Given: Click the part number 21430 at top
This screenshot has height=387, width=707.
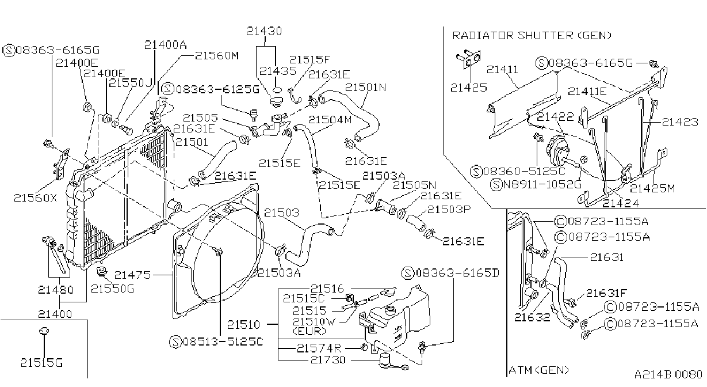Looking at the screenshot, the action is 264,31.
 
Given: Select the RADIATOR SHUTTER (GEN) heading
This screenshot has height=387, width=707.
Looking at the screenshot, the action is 532,35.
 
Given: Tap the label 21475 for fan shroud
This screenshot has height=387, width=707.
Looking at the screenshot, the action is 132,275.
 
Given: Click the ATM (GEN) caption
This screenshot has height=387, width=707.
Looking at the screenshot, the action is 539,370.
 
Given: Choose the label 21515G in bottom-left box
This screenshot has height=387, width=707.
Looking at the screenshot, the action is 41,362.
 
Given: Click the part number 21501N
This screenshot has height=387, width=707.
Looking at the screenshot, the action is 365,87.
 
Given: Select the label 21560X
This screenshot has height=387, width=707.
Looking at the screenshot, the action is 35,198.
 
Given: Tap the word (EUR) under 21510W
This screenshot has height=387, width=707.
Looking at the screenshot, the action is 309,331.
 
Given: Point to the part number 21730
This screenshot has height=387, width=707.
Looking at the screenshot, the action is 328,359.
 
